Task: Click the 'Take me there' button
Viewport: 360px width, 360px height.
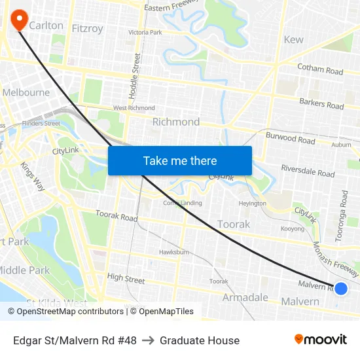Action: coord(180,160)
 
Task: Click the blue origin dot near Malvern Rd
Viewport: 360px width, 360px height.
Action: coord(341,288)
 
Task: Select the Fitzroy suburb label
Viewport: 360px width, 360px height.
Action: coord(87,28)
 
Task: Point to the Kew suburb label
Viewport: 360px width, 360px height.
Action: coord(293,39)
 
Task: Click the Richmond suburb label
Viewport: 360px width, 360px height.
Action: coord(175,122)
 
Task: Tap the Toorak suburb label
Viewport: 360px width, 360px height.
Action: coord(234,224)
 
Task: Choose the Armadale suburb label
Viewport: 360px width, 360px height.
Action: coord(245,297)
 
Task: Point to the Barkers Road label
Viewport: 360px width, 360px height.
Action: coord(321,104)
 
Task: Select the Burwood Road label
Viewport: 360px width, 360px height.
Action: coord(290,138)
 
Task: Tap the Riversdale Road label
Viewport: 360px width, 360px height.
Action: coord(308,171)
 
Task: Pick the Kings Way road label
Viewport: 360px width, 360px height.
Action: coord(32,175)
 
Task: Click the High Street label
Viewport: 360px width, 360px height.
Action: coord(126,279)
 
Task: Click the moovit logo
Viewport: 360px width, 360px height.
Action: coord(320,339)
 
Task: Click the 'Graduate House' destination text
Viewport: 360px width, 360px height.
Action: coord(200,340)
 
